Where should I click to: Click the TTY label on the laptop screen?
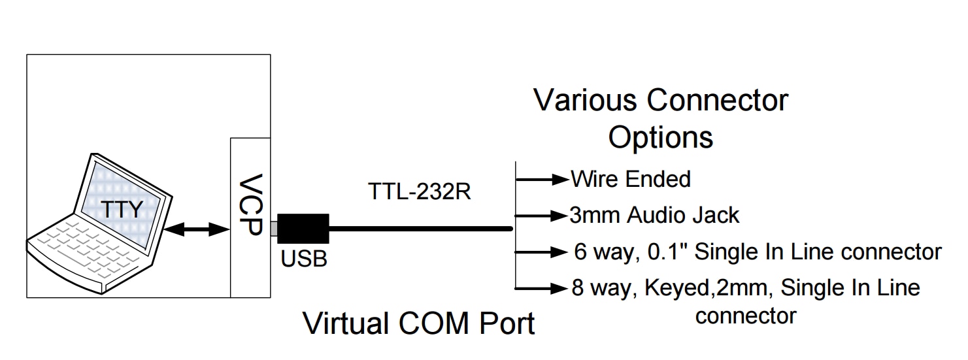tap(122, 210)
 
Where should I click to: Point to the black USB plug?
tap(303, 229)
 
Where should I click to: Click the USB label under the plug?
tap(304, 259)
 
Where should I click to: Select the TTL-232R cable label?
tap(419, 192)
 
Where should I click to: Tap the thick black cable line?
tap(418, 229)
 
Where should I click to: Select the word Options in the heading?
tap(660, 137)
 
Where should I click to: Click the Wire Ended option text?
tap(630, 179)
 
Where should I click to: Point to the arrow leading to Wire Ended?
tap(542, 179)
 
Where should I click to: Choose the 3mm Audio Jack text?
tap(654, 215)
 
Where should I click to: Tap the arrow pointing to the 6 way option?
tap(542, 252)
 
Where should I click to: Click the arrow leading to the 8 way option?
tap(542, 288)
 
